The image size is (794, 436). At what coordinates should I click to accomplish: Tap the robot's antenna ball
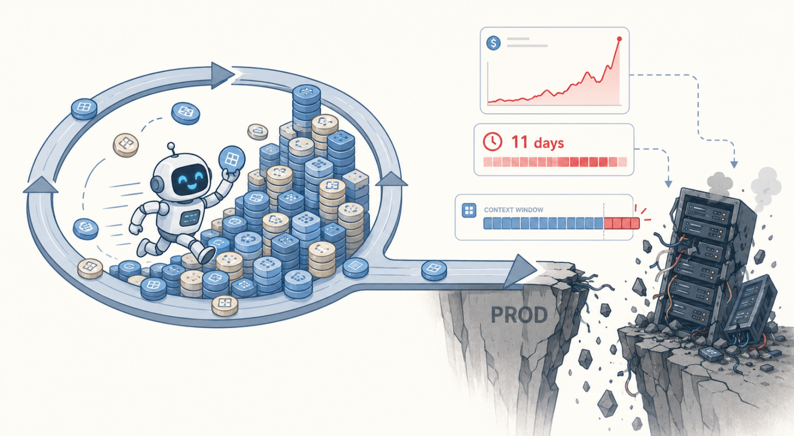click(171, 146)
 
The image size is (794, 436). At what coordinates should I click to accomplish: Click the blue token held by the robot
click(232, 158)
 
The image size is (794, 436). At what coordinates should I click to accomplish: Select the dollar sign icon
click(493, 43)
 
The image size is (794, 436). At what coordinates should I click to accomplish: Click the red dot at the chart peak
click(619, 39)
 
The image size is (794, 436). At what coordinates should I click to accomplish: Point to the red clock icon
click(492, 142)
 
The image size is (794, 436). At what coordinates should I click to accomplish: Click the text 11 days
click(537, 143)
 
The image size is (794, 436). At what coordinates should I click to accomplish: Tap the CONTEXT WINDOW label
click(514, 210)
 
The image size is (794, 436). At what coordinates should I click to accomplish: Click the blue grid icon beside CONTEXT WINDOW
click(469, 210)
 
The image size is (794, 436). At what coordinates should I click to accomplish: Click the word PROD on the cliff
click(519, 315)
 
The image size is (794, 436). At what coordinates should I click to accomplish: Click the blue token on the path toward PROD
click(434, 270)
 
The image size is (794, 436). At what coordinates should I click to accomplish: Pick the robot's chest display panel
click(190, 218)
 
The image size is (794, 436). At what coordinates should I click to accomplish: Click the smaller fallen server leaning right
click(751, 305)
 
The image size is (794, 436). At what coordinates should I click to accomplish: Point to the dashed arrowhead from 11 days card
click(668, 183)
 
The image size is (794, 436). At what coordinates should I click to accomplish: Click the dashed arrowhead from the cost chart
click(734, 164)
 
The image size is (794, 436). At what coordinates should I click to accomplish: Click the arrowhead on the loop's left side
click(41, 185)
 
